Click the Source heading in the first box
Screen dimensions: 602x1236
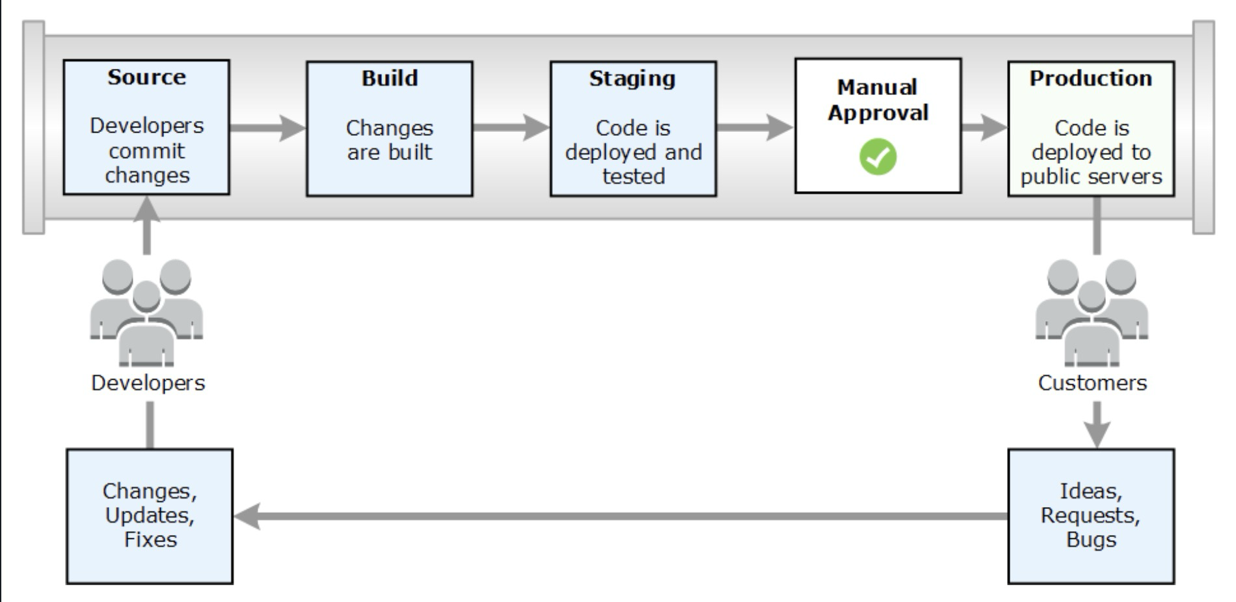tap(146, 77)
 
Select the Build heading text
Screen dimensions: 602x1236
tap(389, 79)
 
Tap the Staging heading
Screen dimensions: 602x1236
tap(632, 79)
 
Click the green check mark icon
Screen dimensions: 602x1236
tap(878, 157)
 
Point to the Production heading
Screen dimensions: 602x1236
tap(1090, 79)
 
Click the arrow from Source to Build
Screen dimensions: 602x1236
tap(267, 127)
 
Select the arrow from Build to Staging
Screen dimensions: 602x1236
tap(511, 127)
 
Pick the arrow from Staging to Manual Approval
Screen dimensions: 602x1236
tap(755, 127)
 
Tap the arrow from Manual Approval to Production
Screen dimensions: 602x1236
tap(984, 127)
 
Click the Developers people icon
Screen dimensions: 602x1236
tap(146, 312)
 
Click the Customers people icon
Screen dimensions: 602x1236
tap(1092, 312)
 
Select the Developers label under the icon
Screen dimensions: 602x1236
tap(148, 383)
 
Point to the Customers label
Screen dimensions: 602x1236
tap(1092, 383)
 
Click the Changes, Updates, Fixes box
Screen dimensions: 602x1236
tap(150, 516)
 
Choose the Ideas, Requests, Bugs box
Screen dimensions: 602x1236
tap(1091, 516)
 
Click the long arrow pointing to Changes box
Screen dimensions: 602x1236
tap(618, 516)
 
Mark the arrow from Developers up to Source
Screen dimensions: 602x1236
tap(147, 224)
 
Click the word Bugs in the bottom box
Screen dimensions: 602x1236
tap(1091, 540)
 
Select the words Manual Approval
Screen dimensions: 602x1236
tap(878, 100)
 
